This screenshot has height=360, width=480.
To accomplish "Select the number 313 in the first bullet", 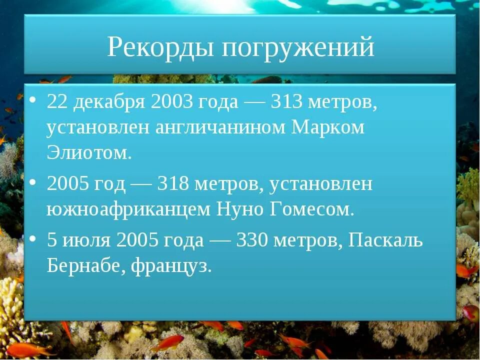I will pos(286,102).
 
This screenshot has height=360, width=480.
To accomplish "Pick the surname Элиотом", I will pos(89,152).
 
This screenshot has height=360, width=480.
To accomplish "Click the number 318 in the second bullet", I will pos(172,184).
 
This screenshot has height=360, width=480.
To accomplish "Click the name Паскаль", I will pos(385,240).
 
